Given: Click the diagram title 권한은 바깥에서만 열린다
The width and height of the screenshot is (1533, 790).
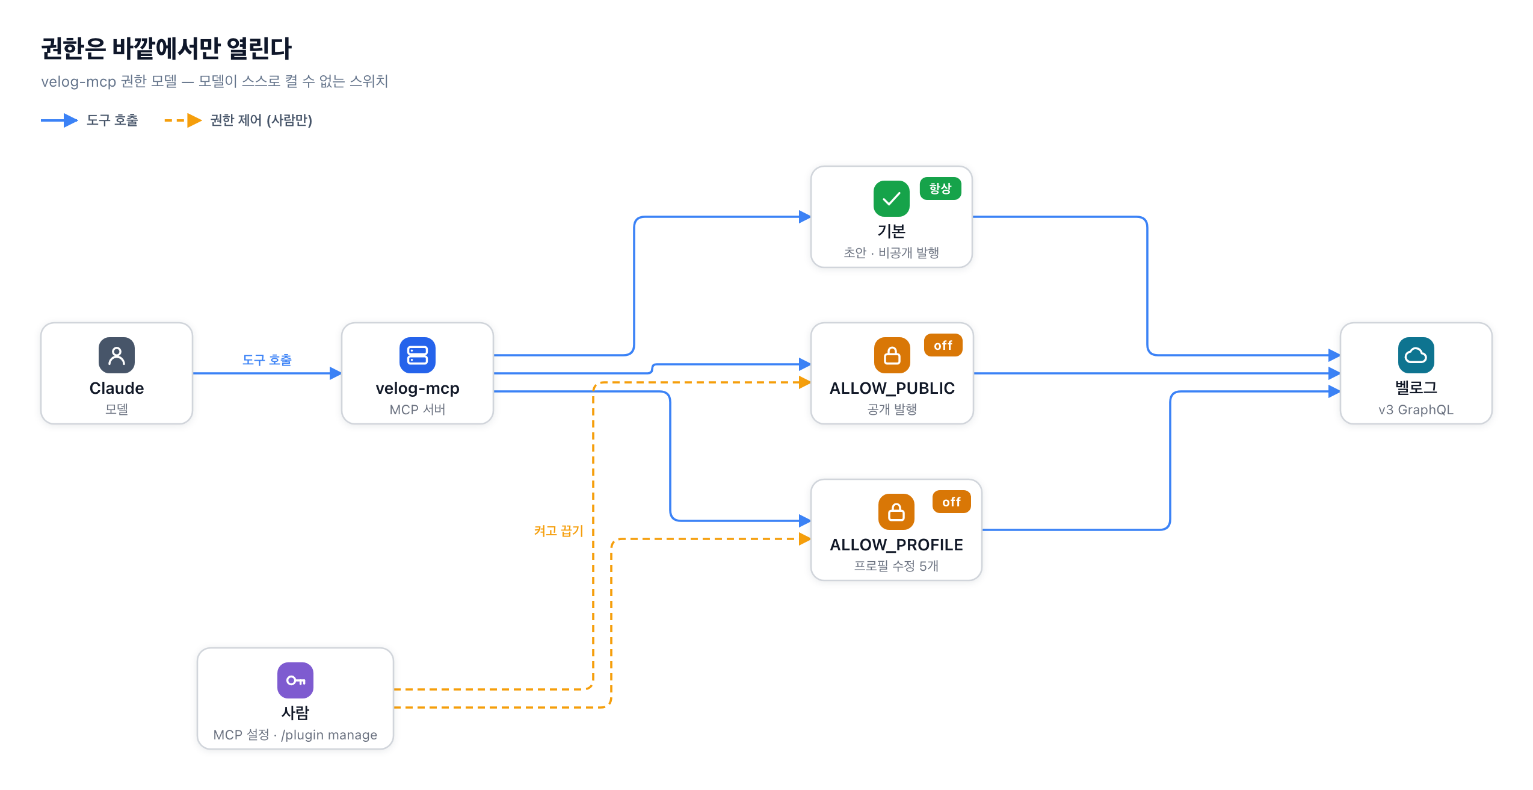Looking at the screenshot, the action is point(166,48).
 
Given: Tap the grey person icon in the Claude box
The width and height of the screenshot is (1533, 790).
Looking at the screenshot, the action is point(117,355).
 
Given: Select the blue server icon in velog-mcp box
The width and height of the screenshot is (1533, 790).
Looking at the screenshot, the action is point(418,355).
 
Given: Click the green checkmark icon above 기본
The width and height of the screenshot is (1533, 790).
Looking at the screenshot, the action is point(892,199).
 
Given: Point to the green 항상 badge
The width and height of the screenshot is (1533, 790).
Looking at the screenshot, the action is point(940,188).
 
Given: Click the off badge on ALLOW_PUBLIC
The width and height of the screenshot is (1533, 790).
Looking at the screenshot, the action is point(943,345).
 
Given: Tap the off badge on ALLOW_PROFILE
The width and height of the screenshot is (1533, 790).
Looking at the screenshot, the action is point(951,502).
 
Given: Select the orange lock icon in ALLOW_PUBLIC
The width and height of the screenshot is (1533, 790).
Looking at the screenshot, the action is point(892,355).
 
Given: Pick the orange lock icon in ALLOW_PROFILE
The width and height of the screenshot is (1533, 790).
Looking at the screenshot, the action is point(896,512).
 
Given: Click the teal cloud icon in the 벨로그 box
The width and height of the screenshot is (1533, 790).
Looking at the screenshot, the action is point(1416,355).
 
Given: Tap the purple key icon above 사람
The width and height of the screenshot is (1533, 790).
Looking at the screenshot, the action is point(295,680).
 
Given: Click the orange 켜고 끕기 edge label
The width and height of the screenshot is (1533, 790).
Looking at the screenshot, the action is point(559,530).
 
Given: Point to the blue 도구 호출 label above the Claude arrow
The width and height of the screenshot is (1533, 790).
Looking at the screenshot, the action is point(267,359).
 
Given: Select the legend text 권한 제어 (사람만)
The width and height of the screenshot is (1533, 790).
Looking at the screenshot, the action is point(261,120).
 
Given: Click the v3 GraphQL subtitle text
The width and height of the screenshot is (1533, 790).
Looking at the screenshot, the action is point(1416,409).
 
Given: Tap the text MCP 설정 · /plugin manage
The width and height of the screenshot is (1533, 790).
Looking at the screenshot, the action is point(295,735).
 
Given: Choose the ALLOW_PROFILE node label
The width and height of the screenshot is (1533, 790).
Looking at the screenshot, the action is point(896,544).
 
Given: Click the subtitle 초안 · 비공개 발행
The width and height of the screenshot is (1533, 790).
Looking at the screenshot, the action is point(892,252).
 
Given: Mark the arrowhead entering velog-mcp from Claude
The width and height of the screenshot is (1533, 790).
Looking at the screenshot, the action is point(336,373).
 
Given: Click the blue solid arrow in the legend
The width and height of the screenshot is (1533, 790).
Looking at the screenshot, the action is point(60,120).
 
